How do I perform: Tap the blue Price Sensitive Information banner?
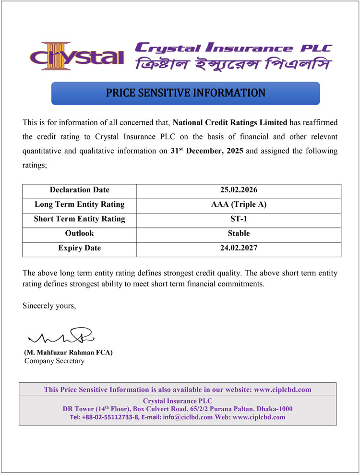185,93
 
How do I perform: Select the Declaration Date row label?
80,190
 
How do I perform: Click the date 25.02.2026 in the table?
239,190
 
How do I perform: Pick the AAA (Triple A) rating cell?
239,205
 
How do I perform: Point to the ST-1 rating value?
239,219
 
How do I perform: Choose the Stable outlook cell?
239,234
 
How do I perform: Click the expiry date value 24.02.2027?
239,249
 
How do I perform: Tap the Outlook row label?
80,234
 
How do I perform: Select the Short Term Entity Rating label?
80,219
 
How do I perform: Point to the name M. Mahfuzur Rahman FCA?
68,353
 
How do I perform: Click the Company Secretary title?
54,361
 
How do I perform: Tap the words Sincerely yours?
49,306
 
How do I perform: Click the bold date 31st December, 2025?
207,151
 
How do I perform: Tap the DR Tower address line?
178,409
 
